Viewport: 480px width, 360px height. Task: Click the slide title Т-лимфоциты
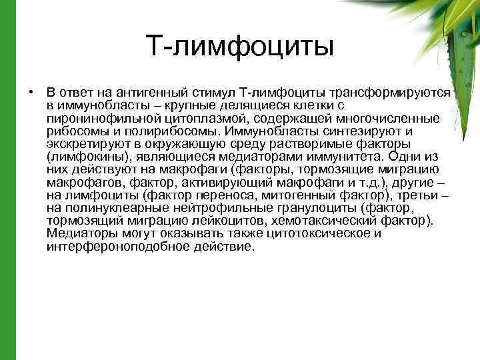(239, 46)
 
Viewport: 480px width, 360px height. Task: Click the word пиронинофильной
(93, 118)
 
